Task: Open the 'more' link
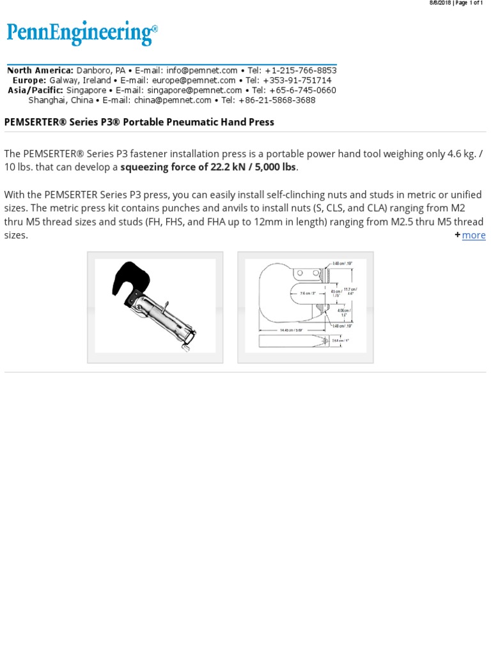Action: pos(474,235)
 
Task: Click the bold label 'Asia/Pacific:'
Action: pos(35,90)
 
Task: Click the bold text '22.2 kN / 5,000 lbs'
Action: pos(253,167)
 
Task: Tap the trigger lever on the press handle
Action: pos(164,309)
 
